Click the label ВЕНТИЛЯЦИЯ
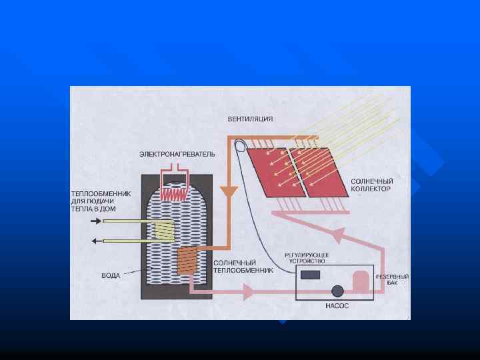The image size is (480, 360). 250,119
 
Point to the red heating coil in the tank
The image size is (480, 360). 176,192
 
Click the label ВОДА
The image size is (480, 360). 111,275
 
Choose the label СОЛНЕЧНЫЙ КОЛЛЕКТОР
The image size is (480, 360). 371,185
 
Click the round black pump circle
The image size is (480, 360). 337,291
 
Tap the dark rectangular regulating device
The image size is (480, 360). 311,274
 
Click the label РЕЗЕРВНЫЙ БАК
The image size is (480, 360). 393,279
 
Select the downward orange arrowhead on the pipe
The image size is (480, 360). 229,192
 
